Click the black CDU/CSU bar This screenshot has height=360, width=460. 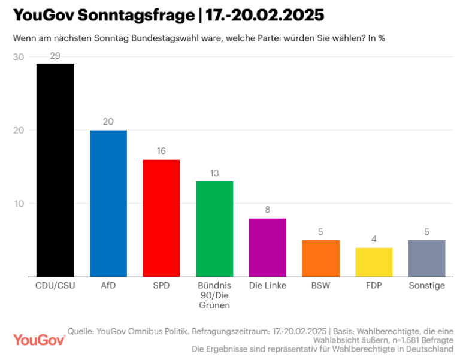55,170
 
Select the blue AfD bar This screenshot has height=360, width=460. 108,203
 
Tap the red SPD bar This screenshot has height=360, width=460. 161,218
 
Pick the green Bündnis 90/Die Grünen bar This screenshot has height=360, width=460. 214,229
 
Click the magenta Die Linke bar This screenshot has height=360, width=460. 267,247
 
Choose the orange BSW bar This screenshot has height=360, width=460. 320,258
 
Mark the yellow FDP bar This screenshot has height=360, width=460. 374,262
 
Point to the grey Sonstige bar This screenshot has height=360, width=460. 426,258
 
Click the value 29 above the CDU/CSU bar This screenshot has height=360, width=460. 55,56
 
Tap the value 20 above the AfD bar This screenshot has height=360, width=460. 108,122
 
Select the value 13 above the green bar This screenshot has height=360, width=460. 214,173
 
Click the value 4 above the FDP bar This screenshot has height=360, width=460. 374,239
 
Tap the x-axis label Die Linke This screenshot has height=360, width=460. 267,285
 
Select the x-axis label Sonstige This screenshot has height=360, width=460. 426,285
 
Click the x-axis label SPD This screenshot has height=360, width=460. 161,285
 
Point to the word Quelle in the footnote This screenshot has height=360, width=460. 81,331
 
